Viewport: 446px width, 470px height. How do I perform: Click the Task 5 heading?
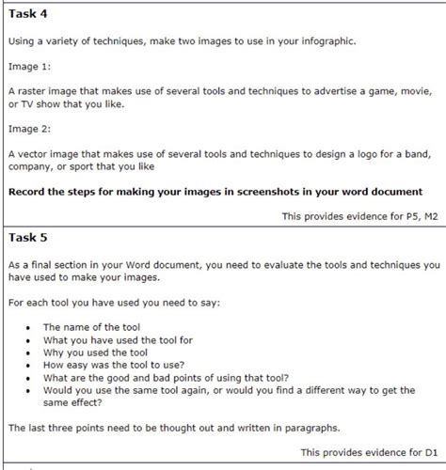28,236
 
